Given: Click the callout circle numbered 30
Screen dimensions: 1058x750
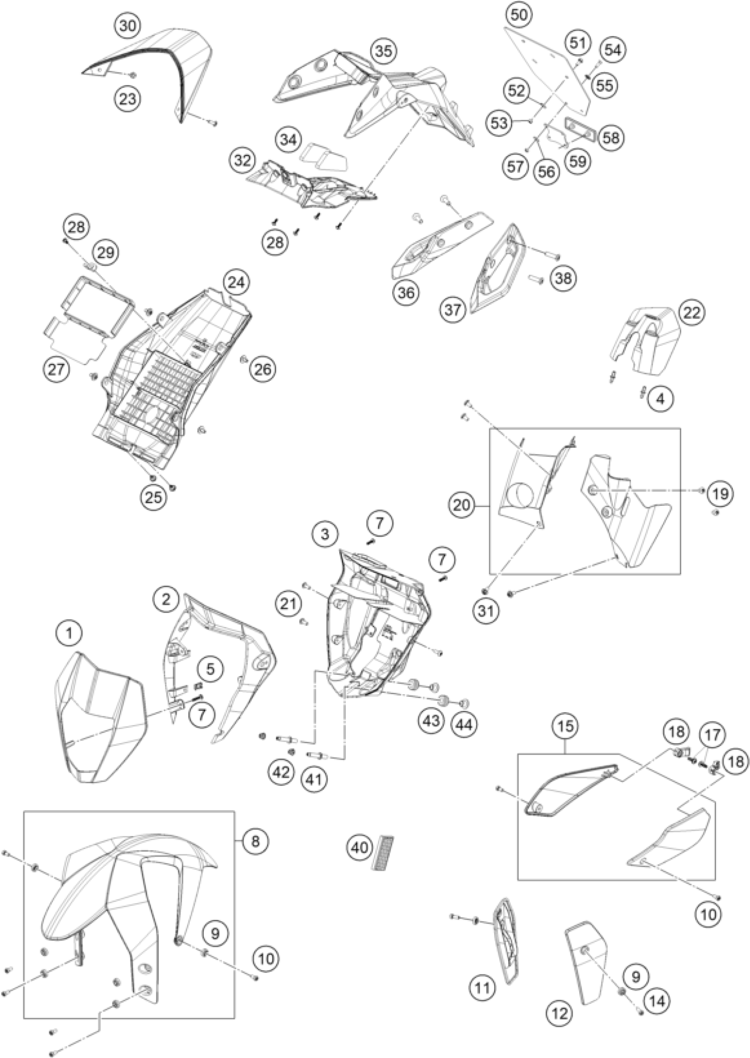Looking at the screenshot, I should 128,26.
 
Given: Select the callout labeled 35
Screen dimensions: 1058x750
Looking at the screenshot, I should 385,50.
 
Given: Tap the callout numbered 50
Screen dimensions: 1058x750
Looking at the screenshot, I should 519,15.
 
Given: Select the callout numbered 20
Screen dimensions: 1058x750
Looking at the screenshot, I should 461,505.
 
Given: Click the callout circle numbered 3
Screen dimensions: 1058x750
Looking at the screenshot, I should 325,535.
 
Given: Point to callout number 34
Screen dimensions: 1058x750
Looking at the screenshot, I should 289,139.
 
